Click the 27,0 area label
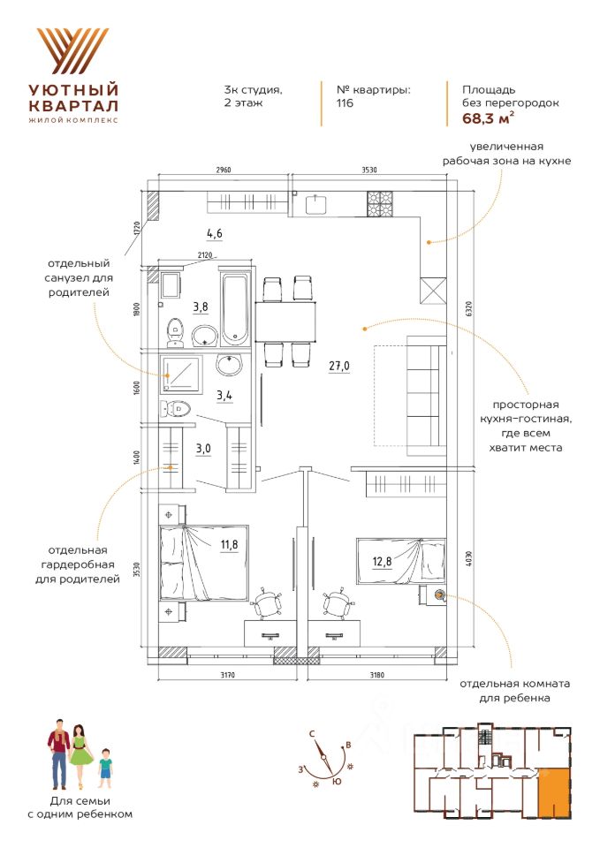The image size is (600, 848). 340,366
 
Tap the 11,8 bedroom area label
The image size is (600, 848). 229,544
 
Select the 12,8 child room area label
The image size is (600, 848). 382,559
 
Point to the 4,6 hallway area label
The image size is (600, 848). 214,234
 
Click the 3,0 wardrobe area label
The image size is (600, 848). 203,448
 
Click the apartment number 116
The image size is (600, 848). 345,103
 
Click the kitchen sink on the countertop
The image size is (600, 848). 318,204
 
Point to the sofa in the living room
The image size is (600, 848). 425,396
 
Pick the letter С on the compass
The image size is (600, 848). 313,733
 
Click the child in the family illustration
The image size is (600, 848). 105,767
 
